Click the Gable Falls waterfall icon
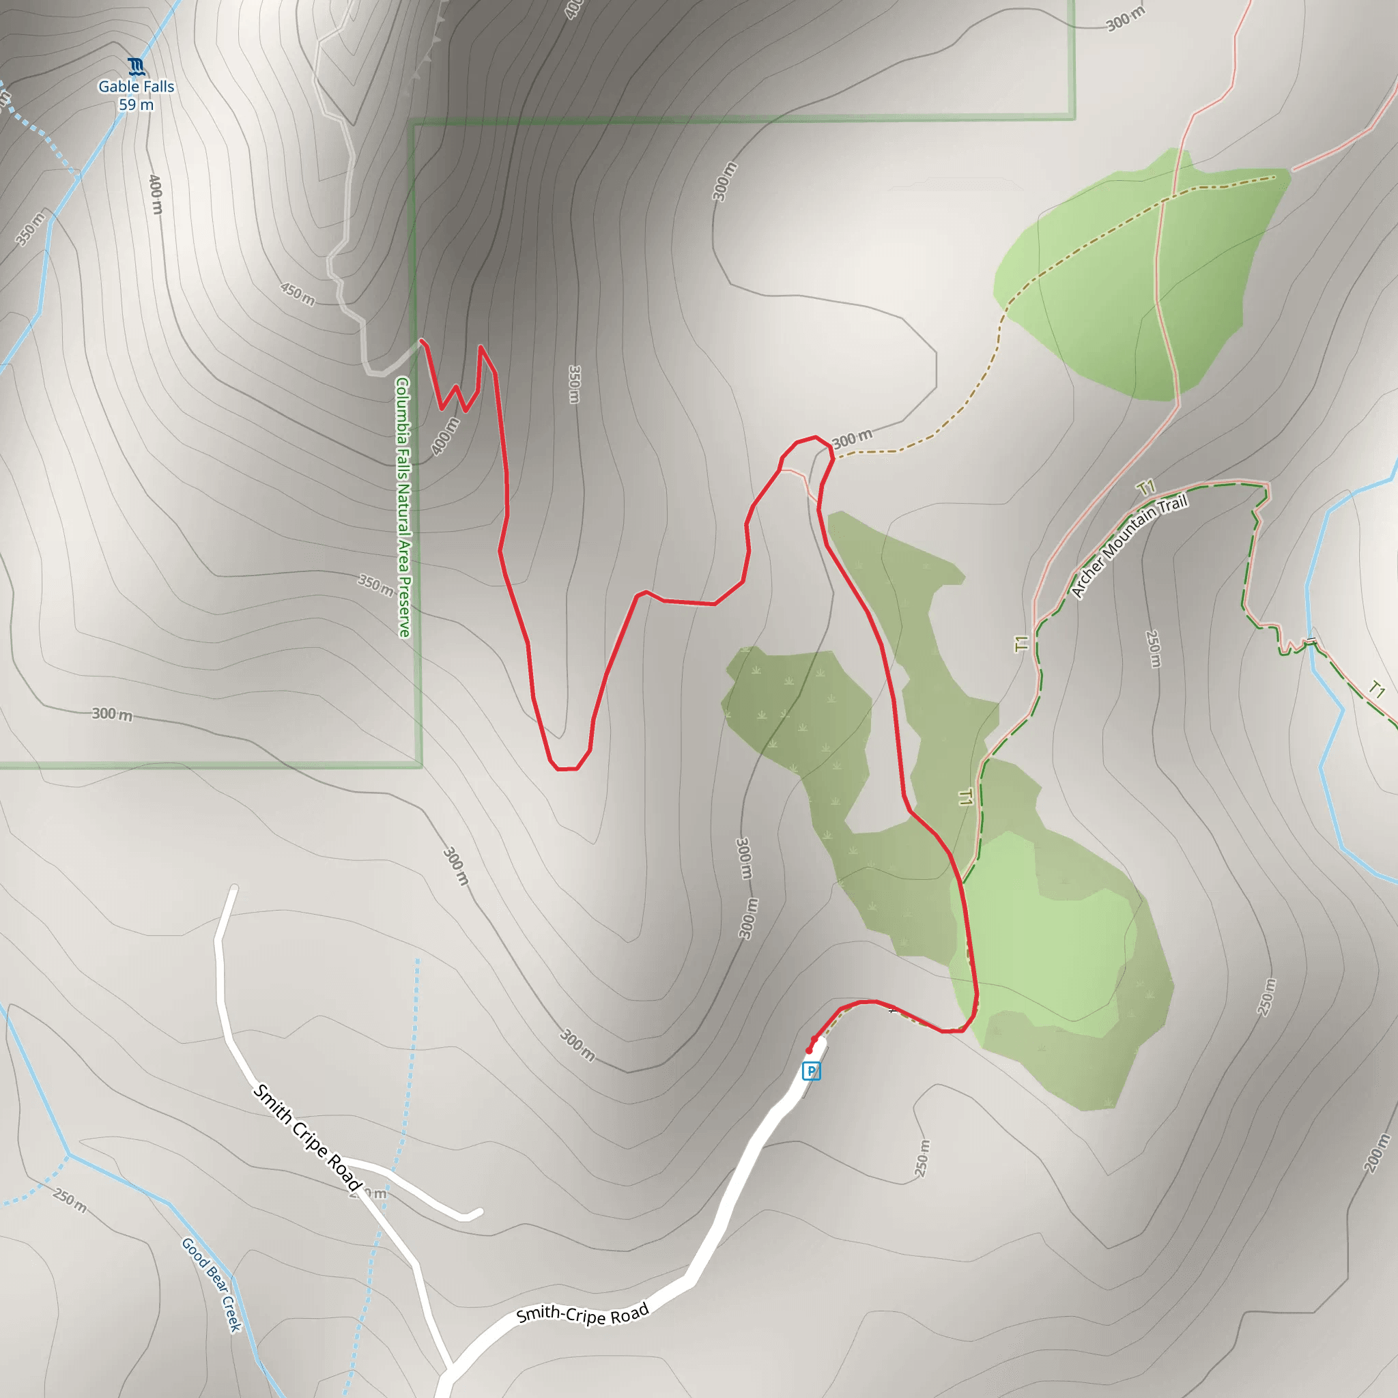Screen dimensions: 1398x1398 (136, 68)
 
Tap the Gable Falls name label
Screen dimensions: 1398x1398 (136, 87)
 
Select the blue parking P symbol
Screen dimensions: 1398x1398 (811, 1071)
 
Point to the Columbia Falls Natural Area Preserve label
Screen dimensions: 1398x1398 (403, 507)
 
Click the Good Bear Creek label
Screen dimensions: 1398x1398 (210, 1285)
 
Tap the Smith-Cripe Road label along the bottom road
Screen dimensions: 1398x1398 (582, 1314)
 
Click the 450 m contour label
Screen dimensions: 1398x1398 (298, 294)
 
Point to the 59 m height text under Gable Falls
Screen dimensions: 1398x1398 (136, 105)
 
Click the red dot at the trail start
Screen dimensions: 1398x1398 (809, 1051)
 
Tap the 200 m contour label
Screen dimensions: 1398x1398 (1376, 1152)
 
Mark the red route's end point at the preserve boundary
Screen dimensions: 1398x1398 (422, 341)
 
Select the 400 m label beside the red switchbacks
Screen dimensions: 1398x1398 (445, 436)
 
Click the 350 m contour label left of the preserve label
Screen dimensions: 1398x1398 (375, 585)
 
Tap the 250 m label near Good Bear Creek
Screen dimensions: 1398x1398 (70, 1201)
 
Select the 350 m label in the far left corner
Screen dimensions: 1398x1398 (29, 229)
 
